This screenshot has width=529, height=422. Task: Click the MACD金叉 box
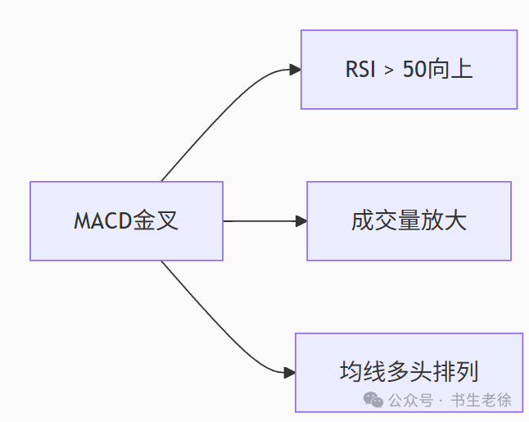click(x=126, y=221)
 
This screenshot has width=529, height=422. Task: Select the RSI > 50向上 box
click(x=409, y=70)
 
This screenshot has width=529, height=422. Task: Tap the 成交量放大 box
click(x=409, y=221)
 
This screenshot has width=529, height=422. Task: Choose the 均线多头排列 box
click(x=409, y=372)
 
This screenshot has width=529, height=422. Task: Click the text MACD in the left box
click(x=102, y=221)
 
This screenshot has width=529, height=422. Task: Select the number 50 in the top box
click(x=414, y=70)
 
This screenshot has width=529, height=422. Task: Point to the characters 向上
click(x=450, y=70)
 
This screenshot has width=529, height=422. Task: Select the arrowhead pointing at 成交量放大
click(x=301, y=221)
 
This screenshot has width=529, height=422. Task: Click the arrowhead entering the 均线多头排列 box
click(x=289, y=373)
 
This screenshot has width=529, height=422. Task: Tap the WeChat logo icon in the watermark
click(x=373, y=400)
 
